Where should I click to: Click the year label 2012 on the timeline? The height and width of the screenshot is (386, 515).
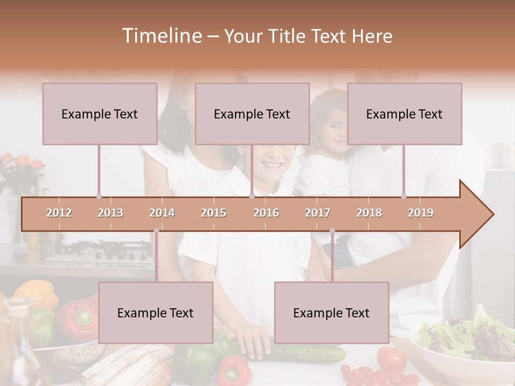click(x=59, y=213)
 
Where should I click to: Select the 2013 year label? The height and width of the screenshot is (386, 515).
click(x=111, y=213)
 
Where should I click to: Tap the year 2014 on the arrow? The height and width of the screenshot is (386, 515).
click(x=162, y=213)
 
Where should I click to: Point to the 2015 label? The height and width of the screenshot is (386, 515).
click(x=214, y=213)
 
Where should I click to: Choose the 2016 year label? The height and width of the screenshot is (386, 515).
click(x=266, y=213)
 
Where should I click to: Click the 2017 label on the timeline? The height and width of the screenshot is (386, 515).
click(x=318, y=213)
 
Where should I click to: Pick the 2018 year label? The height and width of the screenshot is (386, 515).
click(x=369, y=213)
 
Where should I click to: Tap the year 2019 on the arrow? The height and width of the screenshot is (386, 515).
click(x=421, y=213)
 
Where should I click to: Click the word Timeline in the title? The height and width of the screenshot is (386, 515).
click(x=161, y=36)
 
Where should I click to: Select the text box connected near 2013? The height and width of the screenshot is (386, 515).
click(x=100, y=114)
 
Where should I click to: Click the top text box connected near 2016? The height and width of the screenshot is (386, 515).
click(x=252, y=114)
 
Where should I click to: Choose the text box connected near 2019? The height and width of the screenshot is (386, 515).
click(x=404, y=114)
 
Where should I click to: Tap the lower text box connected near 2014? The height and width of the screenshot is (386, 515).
click(x=156, y=313)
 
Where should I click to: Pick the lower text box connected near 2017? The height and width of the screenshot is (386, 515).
click(x=332, y=313)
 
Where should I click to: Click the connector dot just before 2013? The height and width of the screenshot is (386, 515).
click(x=99, y=196)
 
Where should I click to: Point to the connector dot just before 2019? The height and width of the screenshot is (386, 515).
click(x=404, y=196)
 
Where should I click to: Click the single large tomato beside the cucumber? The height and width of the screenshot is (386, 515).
click(x=392, y=359)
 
